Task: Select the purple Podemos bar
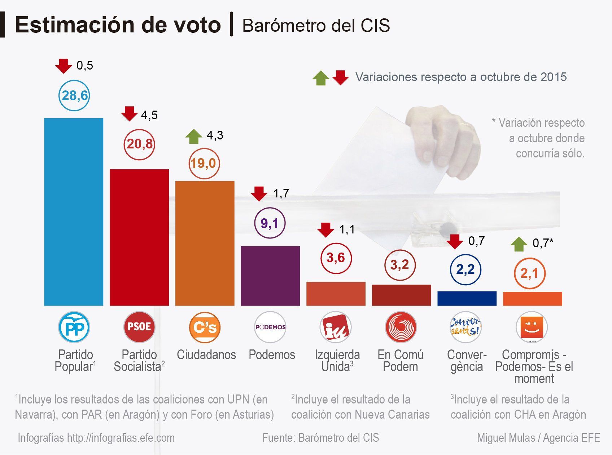coord(270,276)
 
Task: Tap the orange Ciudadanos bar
coord(205,243)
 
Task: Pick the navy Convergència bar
coord(467,298)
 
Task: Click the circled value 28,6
coord(74,95)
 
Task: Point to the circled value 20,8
coord(139,144)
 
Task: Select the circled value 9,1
coord(270,223)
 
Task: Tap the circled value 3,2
coord(400,265)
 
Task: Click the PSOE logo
coord(139,327)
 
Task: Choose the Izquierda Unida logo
coord(336,327)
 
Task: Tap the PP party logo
coord(74,327)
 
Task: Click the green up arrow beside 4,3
coord(194,137)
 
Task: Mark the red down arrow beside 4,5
coord(129,113)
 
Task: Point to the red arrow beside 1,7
coord(259,193)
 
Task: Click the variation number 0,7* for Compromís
coord(543,243)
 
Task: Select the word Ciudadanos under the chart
coord(206,355)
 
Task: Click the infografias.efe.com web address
coord(121,438)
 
